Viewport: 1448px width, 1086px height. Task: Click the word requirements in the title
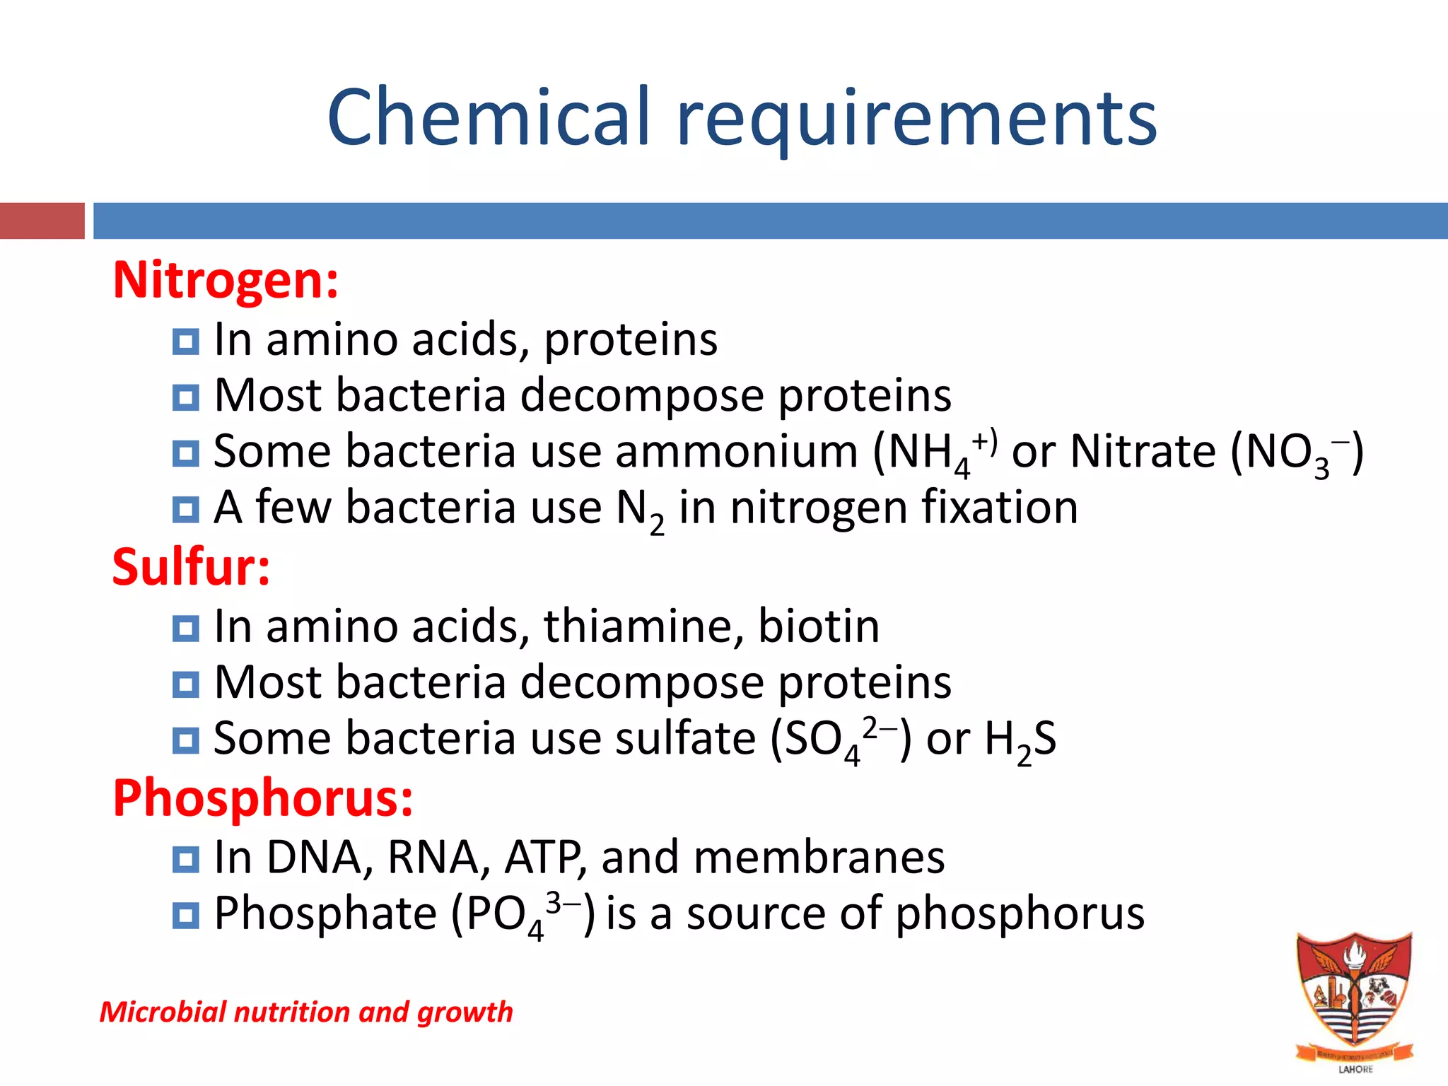(x=916, y=119)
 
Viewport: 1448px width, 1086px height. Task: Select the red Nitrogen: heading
(x=226, y=281)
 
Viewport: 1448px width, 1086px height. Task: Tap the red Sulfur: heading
(x=191, y=568)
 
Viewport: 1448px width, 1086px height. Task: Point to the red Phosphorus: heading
(x=262, y=798)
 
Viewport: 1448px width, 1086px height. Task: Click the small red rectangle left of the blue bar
(x=42, y=221)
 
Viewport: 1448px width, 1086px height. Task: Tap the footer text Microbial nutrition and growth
(x=305, y=1012)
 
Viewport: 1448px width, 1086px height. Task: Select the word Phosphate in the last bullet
(x=325, y=913)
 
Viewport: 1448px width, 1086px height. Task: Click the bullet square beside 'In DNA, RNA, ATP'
(x=185, y=860)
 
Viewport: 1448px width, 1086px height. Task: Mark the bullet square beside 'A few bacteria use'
(x=185, y=509)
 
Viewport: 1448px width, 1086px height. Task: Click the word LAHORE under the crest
(x=1355, y=1070)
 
